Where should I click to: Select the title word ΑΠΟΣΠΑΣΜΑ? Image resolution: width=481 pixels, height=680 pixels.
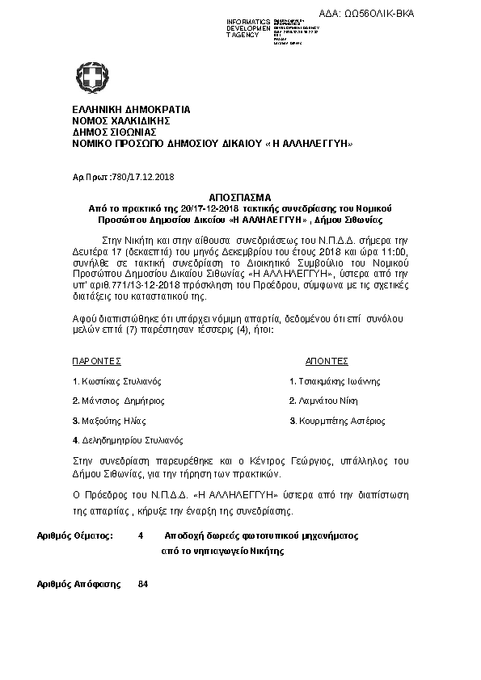240,198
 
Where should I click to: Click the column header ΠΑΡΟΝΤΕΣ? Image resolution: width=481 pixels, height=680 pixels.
96,361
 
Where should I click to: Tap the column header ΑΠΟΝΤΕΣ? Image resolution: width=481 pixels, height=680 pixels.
327,361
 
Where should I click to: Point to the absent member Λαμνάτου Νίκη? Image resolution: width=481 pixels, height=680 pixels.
327,401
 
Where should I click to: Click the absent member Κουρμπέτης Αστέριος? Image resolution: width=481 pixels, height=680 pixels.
341,421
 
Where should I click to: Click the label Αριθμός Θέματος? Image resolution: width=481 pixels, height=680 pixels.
76,535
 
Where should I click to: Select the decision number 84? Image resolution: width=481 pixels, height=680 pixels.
143,583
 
